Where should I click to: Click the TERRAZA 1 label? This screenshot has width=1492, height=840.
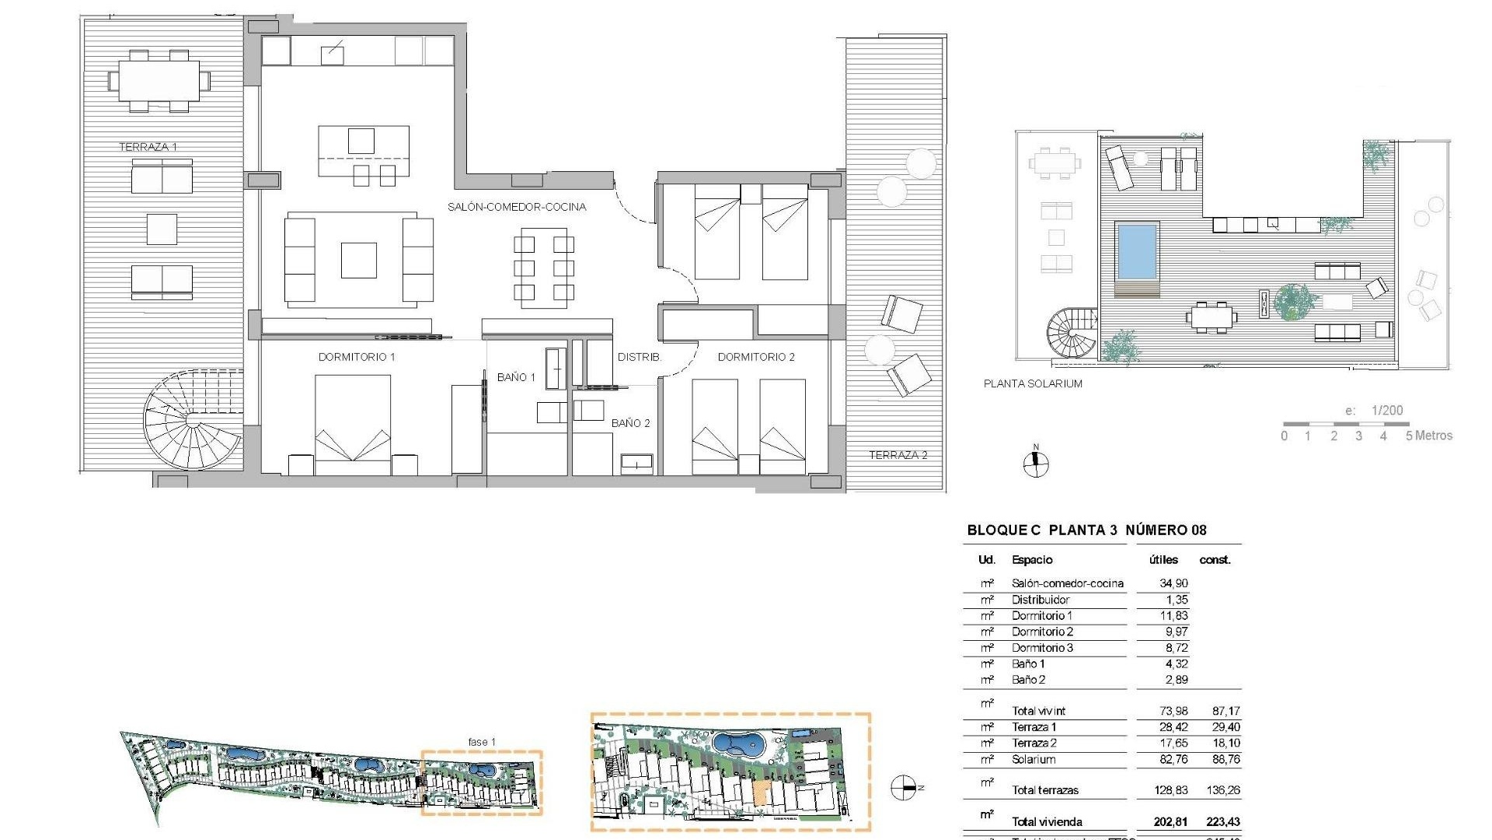coord(148,147)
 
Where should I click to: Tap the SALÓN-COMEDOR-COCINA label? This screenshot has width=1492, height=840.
coord(517,207)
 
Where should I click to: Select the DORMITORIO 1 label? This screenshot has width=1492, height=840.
coord(357,357)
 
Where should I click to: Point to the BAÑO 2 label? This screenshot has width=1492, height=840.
coord(630,423)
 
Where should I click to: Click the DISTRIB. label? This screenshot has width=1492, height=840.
coord(639,357)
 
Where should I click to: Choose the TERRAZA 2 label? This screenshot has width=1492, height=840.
coord(898,455)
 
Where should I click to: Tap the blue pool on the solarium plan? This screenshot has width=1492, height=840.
coord(1136,251)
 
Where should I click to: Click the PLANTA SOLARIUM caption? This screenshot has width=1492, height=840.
coord(1033,383)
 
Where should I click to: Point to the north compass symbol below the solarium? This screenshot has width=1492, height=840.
coord(1035,464)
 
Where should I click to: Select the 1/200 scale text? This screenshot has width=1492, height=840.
coord(1386,411)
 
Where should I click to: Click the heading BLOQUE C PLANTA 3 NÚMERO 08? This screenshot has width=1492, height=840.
coord(1086,530)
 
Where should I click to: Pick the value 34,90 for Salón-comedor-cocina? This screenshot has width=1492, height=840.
coord(1173,583)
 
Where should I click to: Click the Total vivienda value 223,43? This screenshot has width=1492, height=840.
coord(1224,822)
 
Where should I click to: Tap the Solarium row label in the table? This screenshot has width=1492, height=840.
coord(1034,759)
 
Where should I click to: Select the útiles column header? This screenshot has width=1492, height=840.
coord(1163,560)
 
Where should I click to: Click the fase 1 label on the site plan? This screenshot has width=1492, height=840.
coord(482,742)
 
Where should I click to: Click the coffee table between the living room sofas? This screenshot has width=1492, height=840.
coord(359,260)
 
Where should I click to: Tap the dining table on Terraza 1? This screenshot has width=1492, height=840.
coord(159,81)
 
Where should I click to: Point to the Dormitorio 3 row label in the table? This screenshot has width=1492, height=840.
coord(1042,648)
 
